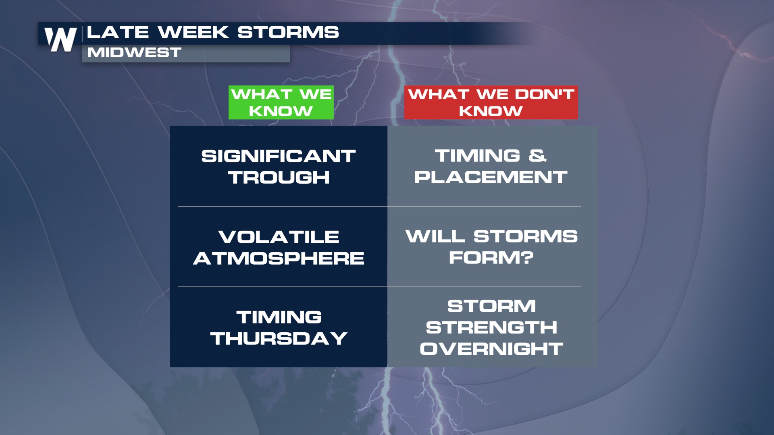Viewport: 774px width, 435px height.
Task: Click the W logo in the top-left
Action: coord(60,39)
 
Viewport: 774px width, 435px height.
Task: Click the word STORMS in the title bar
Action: coord(288,32)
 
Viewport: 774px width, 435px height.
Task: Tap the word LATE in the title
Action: coord(118,32)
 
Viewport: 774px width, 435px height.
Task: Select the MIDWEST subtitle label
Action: coord(134,52)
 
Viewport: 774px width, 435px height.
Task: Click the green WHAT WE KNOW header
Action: coord(281,102)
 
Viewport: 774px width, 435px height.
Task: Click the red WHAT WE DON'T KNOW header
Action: coord(491,102)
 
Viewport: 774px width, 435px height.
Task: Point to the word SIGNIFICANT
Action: coord(279,156)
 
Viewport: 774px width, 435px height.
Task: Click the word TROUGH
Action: coord(279,178)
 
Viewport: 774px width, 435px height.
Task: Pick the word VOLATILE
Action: coord(279,237)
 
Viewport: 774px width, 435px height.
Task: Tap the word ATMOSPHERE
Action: coord(279,258)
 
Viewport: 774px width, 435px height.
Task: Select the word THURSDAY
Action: coord(279,338)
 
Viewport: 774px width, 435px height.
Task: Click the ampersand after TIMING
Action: coord(537,156)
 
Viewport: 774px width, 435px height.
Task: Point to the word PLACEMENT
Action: coord(491,177)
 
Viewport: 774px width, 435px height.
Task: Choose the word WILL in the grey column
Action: coord(435,236)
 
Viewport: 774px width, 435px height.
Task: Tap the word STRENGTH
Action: coord(492,327)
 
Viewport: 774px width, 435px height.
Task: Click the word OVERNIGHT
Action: coord(491,349)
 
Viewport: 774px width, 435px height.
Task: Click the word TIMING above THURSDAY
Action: coord(279,317)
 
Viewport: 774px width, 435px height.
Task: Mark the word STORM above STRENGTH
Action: coord(492,306)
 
